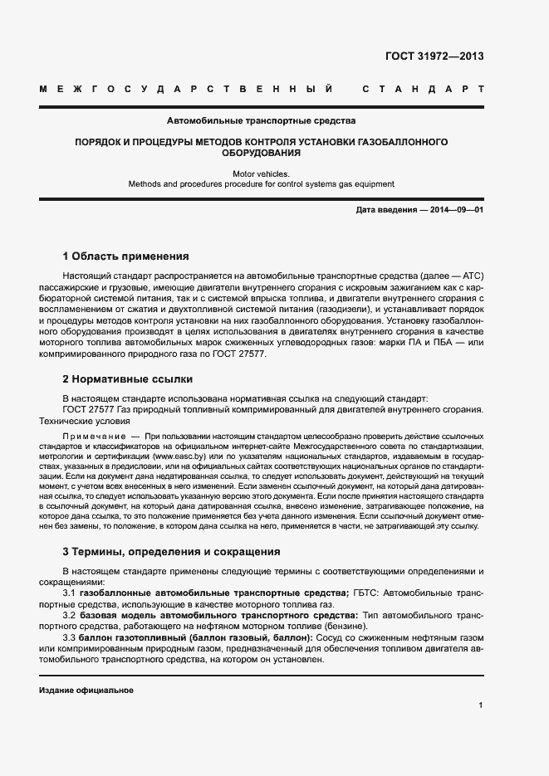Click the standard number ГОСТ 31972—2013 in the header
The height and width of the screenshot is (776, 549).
434,56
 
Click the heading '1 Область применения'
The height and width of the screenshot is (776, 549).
126,256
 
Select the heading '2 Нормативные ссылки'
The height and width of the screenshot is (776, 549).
128,379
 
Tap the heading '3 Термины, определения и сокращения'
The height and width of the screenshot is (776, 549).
171,551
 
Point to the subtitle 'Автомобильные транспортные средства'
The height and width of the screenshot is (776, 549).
262,120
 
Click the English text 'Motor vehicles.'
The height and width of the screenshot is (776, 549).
262,173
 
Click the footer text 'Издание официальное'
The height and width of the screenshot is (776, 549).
86,691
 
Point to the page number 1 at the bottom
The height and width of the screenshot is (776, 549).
481,705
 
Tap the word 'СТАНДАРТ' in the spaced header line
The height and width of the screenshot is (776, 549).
423,88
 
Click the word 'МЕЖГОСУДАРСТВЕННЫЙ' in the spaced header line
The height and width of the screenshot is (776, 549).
186,88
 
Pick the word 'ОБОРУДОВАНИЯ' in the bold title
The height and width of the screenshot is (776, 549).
262,154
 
